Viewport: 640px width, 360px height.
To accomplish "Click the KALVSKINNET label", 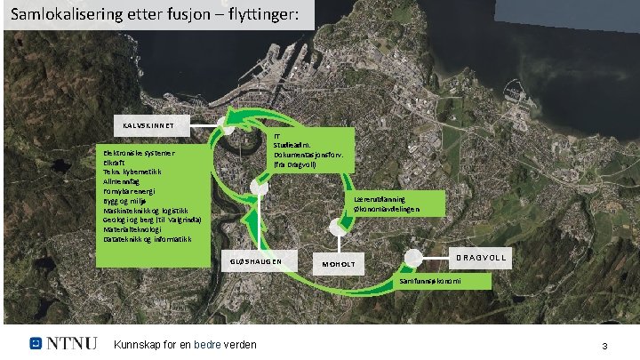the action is [x=148, y=126].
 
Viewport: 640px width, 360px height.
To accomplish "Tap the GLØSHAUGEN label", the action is [x=256, y=261].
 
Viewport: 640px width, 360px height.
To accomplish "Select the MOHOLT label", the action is [x=338, y=264].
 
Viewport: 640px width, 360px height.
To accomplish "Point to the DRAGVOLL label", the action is [x=481, y=257].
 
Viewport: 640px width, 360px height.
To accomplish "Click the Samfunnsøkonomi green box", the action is [x=430, y=281].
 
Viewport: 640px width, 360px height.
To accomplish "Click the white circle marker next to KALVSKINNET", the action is [x=227, y=127].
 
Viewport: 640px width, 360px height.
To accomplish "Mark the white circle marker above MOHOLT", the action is [x=336, y=228].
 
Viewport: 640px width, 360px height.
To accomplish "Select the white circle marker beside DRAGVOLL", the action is [x=412, y=258].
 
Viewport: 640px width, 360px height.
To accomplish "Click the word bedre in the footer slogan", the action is [x=207, y=344].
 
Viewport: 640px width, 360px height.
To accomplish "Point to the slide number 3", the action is [x=604, y=345].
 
